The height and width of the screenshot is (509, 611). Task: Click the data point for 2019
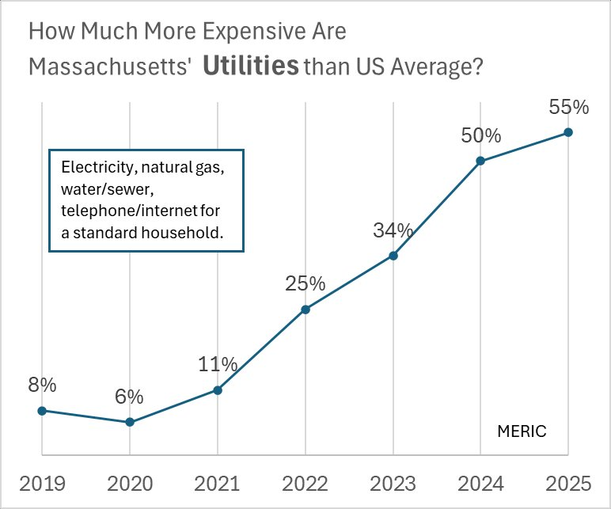[42, 410]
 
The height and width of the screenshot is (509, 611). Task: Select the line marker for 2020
[130, 422]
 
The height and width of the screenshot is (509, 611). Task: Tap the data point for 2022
[305, 309]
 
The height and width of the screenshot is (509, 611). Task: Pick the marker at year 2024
[480, 161]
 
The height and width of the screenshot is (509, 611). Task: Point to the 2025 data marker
[568, 132]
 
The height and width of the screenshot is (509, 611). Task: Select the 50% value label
[481, 135]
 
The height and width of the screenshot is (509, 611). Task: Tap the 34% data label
[393, 230]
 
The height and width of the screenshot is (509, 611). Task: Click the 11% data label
[218, 364]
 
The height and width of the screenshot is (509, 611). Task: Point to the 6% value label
[130, 396]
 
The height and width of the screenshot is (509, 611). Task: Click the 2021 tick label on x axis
[218, 483]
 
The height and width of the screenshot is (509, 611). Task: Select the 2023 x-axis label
[393, 483]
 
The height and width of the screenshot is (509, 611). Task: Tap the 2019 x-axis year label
[42, 483]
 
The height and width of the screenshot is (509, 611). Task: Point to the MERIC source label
[522, 431]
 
